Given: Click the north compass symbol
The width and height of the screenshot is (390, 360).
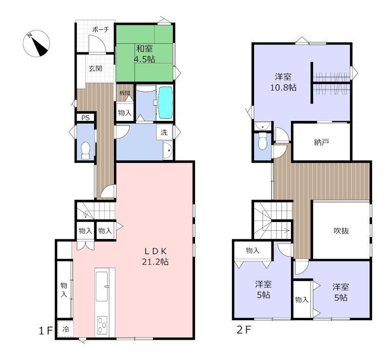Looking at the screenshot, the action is tap(36, 43).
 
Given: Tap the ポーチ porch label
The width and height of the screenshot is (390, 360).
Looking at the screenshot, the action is tap(101, 30).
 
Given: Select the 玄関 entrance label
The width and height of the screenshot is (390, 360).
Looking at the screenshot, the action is tap(96, 68).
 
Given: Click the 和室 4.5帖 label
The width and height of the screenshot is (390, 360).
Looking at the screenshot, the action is tap(145, 54).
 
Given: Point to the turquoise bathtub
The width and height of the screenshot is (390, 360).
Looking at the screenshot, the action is tap(165, 102).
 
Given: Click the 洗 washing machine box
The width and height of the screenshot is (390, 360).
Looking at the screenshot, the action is tap(164, 132).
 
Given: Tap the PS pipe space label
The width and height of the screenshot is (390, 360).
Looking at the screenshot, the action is tap(86, 118).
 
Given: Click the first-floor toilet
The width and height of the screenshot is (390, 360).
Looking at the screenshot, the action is tap(86, 150).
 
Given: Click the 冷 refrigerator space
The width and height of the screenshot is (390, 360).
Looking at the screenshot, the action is tap(65, 329).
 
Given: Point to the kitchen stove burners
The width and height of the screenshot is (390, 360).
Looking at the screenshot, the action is tap(102, 324).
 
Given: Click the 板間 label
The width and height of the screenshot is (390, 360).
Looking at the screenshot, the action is tap(125, 93).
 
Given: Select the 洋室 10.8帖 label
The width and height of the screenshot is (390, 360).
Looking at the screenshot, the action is tap(283, 82).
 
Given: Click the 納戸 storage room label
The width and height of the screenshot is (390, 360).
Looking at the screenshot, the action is tap(321, 142).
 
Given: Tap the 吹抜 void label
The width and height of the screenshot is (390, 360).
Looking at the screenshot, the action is tap(341, 231).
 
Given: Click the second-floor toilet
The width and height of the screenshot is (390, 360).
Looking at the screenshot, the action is tap(262, 140).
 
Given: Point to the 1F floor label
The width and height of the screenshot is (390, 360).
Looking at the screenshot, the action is tap(46, 331).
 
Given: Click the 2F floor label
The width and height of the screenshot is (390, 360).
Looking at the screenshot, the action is tap(244, 330).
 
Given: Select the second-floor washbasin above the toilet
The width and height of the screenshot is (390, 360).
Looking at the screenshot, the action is tap(263, 126).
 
